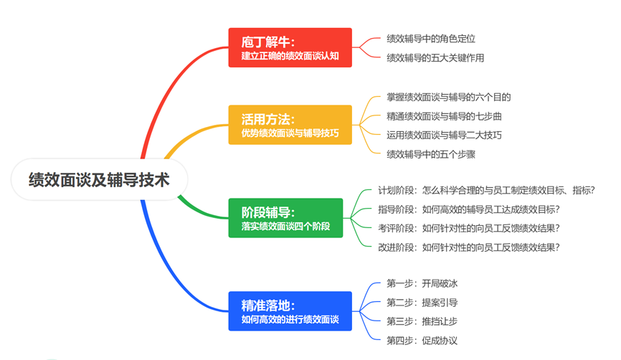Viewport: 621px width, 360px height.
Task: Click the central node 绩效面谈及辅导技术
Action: (99, 179)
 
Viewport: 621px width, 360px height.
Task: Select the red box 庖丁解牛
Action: (290, 47)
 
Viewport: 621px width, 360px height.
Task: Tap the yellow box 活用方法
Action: (290, 125)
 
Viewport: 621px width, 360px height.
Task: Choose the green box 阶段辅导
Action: (290, 218)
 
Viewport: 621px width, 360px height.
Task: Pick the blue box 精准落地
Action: (290, 311)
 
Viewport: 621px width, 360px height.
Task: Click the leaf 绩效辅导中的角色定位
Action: (431, 39)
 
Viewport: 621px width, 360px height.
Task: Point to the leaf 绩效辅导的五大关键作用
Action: (435, 57)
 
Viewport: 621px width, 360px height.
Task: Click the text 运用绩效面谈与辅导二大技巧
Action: (444, 135)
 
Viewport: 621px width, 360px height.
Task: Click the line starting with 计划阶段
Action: (487, 190)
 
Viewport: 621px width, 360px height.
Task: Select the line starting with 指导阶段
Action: (469, 209)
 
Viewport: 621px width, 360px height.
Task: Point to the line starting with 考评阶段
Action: (469, 228)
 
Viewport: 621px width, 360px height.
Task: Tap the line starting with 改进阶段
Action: (469, 247)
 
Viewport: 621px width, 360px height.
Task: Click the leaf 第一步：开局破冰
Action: (422, 283)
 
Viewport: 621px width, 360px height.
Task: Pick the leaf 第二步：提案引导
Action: (422, 302)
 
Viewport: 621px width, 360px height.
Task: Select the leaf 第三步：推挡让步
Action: (422, 321)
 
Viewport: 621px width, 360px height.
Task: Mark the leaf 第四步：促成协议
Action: (422, 340)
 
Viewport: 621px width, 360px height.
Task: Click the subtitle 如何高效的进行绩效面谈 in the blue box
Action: (290, 319)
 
